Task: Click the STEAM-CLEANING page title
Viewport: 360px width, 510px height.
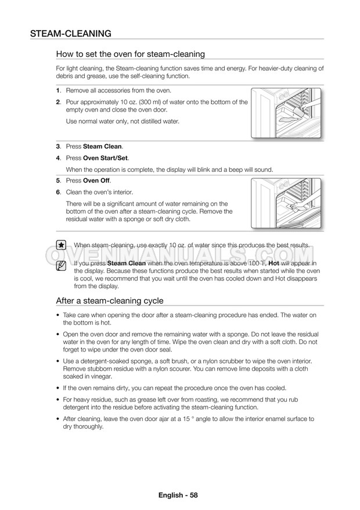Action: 71,33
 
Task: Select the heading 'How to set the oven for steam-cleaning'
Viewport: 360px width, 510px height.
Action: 130,55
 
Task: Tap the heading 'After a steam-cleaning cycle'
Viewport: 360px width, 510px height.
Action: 109,301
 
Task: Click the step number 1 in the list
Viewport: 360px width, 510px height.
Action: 58,91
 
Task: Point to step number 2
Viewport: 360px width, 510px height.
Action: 58,102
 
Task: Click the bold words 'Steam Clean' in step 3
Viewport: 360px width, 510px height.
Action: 103,146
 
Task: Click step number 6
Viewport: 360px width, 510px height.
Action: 58,192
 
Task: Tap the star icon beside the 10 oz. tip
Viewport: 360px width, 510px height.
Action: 61,245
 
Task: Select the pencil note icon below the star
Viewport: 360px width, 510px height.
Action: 61,266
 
